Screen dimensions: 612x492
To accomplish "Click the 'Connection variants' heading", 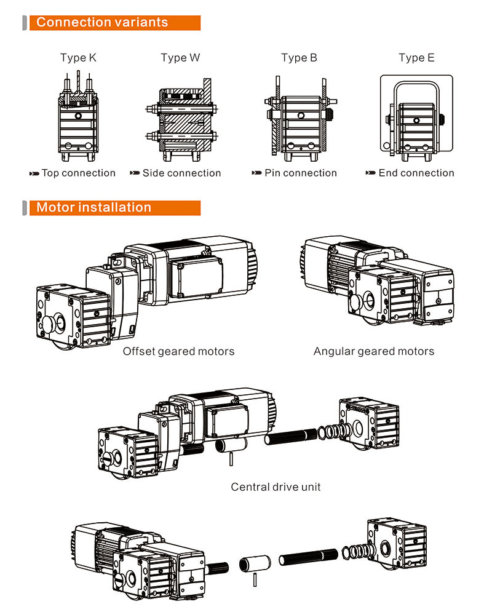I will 102,23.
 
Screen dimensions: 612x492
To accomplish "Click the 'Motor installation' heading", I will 93,207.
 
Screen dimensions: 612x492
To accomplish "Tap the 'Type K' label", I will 78,58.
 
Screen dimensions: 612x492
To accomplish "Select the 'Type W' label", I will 180,58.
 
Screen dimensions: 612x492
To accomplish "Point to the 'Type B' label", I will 300,58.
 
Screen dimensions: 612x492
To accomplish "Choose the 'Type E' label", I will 416,58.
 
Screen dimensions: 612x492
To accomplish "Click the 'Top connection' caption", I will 78,173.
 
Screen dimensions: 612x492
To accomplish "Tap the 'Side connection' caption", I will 181,173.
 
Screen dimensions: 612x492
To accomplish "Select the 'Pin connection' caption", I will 301,173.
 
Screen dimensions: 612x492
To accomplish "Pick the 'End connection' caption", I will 416,173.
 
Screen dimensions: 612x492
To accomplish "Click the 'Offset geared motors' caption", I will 178,351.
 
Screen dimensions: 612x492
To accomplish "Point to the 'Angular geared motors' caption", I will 373,351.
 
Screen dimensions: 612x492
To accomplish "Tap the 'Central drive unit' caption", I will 276,487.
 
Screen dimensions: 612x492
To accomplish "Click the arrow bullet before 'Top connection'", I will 34,173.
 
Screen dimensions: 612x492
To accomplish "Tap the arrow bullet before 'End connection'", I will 370,173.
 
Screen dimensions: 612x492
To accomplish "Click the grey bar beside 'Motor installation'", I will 25,207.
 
